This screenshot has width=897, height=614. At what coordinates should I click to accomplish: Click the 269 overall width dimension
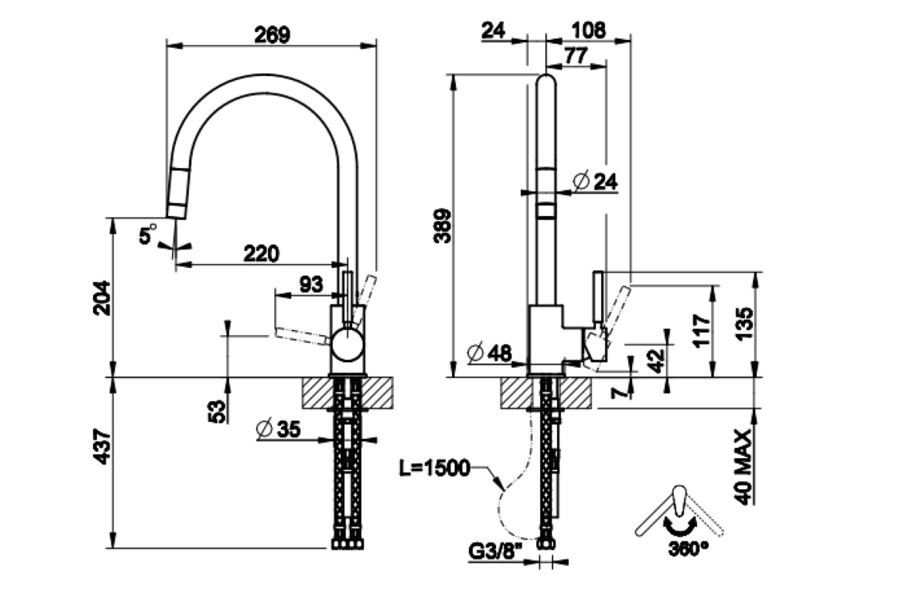271,34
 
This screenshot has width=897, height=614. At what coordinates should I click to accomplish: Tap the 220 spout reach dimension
261,253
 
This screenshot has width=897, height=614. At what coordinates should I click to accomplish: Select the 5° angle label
148,236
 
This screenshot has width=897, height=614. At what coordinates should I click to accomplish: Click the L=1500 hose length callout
434,468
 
